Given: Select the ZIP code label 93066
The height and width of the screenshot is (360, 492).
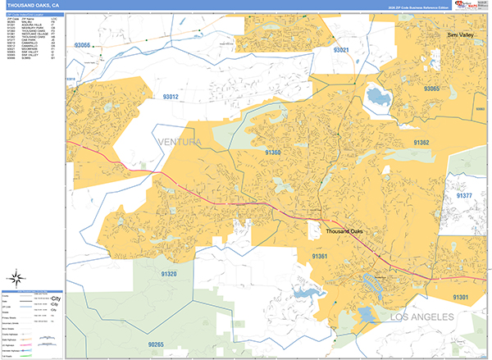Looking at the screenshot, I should pyautogui.click(x=83, y=45).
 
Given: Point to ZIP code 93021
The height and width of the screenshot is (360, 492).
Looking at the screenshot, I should pyautogui.click(x=342, y=50).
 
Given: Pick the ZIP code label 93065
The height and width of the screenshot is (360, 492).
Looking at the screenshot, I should pyautogui.click(x=431, y=88).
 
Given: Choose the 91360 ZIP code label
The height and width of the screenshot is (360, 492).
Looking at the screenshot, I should pyautogui.click(x=273, y=152).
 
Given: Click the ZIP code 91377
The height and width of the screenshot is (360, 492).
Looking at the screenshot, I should pyautogui.click(x=465, y=196).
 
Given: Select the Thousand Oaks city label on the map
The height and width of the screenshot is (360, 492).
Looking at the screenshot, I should pyautogui.click(x=344, y=232).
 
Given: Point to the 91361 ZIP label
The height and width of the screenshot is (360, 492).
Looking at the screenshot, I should pyautogui.click(x=320, y=257).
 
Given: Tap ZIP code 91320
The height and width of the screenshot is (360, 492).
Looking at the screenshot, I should pyautogui.click(x=169, y=273).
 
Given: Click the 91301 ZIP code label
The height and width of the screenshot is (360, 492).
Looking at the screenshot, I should pyautogui.click(x=461, y=297).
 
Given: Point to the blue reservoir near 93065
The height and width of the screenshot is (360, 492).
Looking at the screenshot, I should pyautogui.click(x=379, y=99).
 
